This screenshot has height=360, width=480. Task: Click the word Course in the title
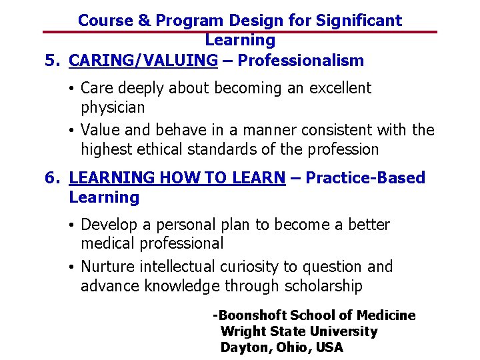coord(105,20)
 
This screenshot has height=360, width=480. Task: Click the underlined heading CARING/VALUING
coord(143,61)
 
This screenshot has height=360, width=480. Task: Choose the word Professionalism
coord(301,61)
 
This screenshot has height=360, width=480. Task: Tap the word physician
coord(113,107)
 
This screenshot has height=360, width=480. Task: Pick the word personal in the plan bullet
coord(180,225)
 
